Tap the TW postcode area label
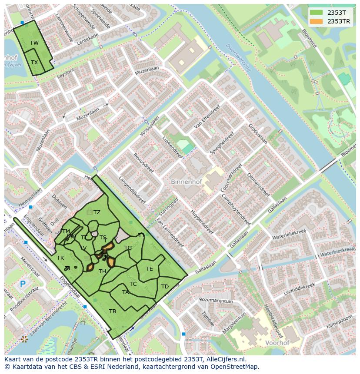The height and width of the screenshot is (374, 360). pyautogui.click(x=34, y=43)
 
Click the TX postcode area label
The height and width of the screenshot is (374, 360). pyautogui.click(x=34, y=63)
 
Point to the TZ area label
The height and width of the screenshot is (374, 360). pyautogui.click(x=97, y=212)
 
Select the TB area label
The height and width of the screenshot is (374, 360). pyautogui.click(x=113, y=311)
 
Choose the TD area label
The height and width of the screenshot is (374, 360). pyautogui.click(x=165, y=287)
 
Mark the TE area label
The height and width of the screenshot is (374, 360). pyautogui.click(x=149, y=269)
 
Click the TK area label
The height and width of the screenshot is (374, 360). pyautogui.click(x=60, y=258)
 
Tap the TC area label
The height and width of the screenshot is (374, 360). pyautogui.click(x=133, y=284)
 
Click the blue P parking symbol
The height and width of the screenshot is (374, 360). pyautogui.click(x=23, y=285)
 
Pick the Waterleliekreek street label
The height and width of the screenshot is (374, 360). pyautogui.click(x=289, y=235)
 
